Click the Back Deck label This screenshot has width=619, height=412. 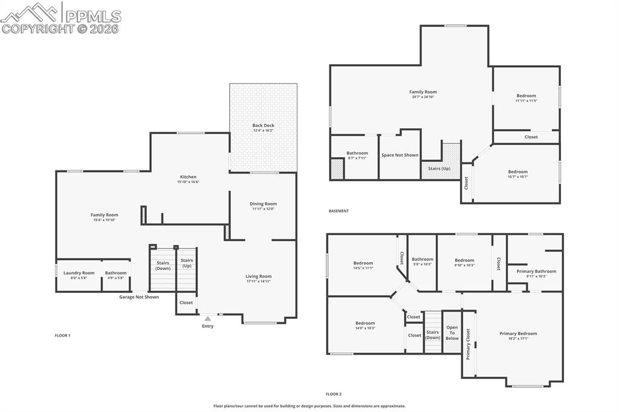[263, 126]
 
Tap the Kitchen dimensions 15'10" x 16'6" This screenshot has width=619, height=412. [188, 182]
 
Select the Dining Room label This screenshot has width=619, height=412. [263, 204]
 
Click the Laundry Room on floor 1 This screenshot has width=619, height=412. [79, 273]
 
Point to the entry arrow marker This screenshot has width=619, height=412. [207, 318]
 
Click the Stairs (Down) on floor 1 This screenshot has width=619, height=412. [163, 265]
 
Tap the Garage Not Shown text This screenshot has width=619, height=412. [139, 297]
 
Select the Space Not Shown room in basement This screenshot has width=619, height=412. [400, 155]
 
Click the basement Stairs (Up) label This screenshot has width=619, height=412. [439, 169]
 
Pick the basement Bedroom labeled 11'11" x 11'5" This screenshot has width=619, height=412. [526, 96]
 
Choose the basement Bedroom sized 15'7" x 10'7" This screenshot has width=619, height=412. [517, 172]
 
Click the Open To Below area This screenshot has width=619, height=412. [452, 333]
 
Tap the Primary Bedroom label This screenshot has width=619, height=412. [518, 333]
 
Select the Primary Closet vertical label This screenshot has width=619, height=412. [468, 344]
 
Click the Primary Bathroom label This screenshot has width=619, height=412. [536, 271]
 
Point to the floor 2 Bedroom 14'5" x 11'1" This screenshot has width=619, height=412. [363, 263]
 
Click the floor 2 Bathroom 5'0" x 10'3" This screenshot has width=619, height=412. [423, 260]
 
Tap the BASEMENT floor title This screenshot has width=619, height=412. [339, 211]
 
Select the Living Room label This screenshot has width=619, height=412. [258, 277]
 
